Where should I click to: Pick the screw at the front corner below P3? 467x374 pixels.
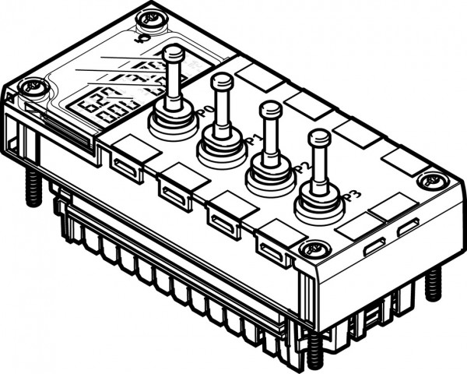pos(315,250)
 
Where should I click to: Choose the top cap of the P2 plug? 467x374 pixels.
pos(270,108)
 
